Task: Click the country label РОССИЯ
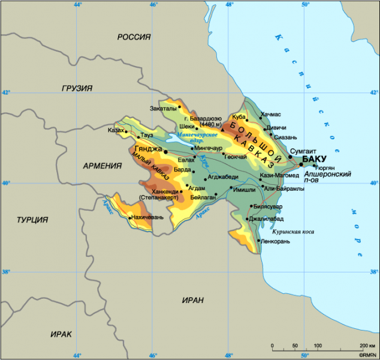134,37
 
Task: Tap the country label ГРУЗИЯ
77,88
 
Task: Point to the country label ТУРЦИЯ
32,220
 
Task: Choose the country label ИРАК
61,334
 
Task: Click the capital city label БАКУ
315,159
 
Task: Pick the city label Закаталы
163,109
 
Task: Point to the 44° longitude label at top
77,5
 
